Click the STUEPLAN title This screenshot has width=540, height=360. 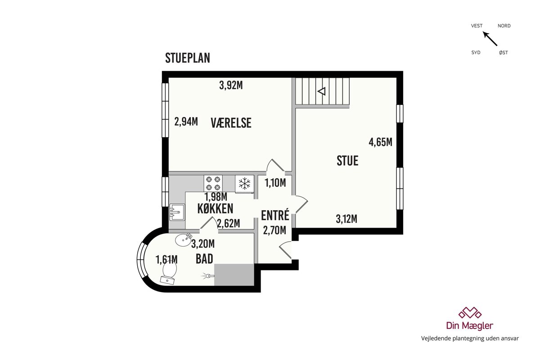[x=188, y=58]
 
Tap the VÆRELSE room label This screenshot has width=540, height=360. [x=231, y=123]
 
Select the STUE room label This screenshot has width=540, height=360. [x=347, y=161]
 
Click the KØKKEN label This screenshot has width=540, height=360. [x=215, y=208]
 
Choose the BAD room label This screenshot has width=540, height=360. [x=204, y=259]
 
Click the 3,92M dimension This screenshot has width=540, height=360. [x=231, y=85]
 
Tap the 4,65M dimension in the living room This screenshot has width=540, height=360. [x=380, y=142]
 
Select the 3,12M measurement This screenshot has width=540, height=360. [x=346, y=219]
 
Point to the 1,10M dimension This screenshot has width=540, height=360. [x=275, y=183]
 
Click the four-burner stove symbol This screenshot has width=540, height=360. [x=213, y=183]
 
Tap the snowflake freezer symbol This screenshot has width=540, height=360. [x=244, y=184]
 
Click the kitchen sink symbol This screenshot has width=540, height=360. [x=177, y=212]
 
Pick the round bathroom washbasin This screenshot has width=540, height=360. [x=183, y=240]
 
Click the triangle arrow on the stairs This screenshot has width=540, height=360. [x=322, y=91]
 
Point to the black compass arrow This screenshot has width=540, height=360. [x=490, y=39]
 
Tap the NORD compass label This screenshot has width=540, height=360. [x=504, y=26]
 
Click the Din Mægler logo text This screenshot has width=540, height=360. [x=470, y=325]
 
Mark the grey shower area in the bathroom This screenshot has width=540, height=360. [x=234, y=275]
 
